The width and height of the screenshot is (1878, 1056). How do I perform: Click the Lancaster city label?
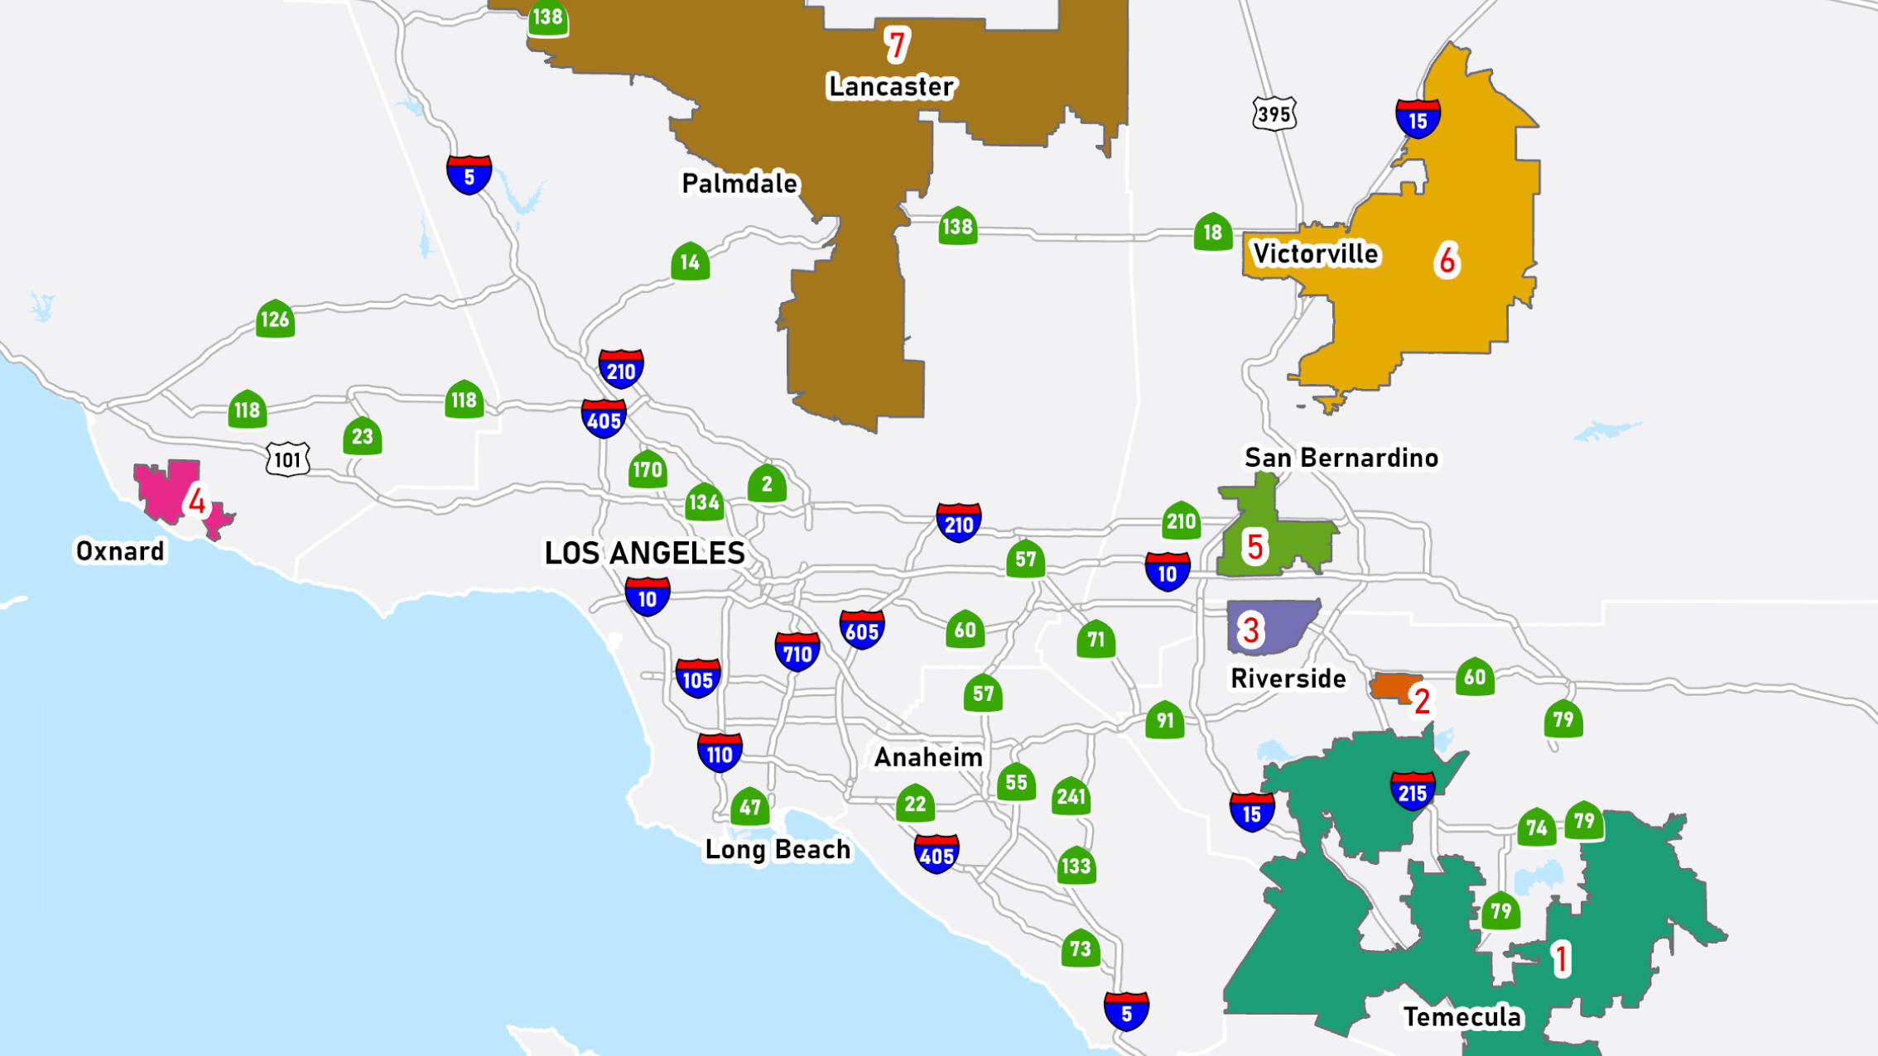[892, 86]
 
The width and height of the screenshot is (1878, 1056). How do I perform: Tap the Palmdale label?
[739, 183]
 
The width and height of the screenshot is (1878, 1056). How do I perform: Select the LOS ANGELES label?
[644, 553]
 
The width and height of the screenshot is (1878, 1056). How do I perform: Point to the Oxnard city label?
[120, 551]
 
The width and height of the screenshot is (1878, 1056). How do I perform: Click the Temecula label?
[1462, 1016]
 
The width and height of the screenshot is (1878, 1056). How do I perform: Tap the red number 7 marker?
[896, 45]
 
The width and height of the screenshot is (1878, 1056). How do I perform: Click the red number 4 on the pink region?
[197, 501]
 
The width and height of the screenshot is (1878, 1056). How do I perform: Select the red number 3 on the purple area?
[1250, 631]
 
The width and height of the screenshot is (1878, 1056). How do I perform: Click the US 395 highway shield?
[1274, 113]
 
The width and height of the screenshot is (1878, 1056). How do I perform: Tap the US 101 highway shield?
[287, 459]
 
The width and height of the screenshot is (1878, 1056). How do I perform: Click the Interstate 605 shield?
[862, 631]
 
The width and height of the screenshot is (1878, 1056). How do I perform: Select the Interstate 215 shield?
[1413, 792]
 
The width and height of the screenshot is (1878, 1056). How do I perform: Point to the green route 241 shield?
[1071, 796]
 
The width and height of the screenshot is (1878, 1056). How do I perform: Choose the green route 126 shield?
[275, 319]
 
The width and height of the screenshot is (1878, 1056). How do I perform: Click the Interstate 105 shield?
[697, 679]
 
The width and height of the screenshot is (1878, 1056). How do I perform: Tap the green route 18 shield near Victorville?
[1212, 232]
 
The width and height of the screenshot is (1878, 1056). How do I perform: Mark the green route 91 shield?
[1165, 720]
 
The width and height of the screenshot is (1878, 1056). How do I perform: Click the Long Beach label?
[777, 849]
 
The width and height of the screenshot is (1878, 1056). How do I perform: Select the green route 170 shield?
[647, 470]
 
